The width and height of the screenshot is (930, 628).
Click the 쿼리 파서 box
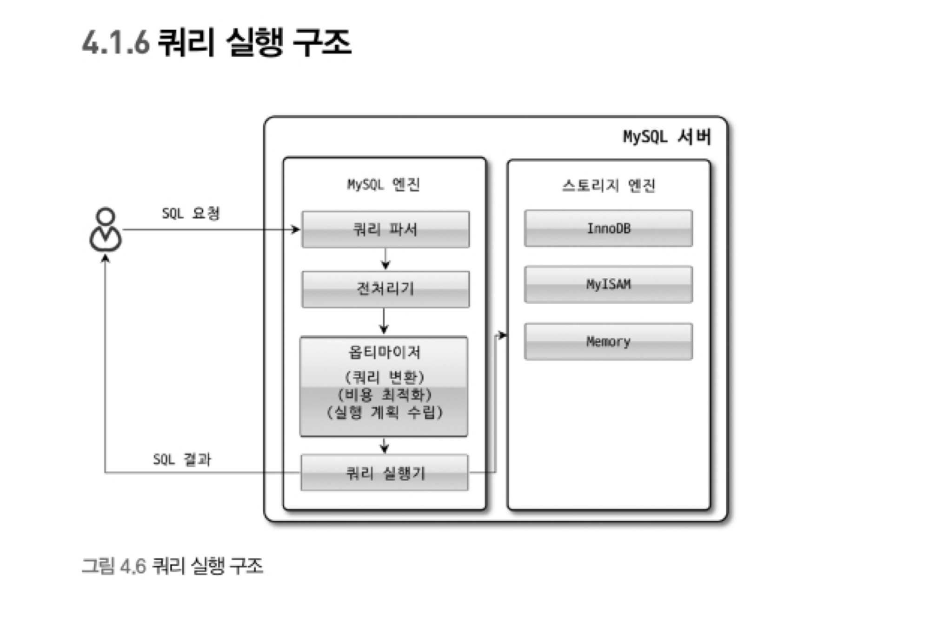click(x=385, y=229)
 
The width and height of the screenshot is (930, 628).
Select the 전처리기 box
click(x=385, y=289)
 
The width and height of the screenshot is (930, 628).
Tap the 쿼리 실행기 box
click(x=385, y=473)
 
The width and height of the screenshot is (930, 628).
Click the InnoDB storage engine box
click(x=608, y=229)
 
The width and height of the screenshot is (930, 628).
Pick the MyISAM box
click(x=608, y=284)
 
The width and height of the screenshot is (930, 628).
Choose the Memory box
click(x=608, y=342)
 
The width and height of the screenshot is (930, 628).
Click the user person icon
click(x=106, y=230)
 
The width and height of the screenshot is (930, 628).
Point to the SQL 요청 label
click(x=191, y=213)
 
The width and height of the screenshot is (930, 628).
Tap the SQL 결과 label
click(x=182, y=459)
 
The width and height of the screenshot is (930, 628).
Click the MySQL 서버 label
click(x=667, y=137)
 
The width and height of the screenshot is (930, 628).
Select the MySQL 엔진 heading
click(x=384, y=184)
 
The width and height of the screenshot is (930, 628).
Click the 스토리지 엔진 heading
click(x=608, y=185)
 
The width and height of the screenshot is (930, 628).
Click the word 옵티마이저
click(x=384, y=352)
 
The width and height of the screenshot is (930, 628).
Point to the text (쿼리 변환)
click(x=384, y=376)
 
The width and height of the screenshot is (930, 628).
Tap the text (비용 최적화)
click(x=384, y=395)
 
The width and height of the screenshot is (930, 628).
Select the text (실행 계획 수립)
click(x=384, y=412)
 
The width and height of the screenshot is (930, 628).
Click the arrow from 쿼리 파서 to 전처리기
click(x=385, y=259)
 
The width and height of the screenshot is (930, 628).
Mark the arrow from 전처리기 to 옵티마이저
click(x=384, y=321)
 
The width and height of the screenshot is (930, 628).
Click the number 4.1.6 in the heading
click(x=115, y=43)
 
